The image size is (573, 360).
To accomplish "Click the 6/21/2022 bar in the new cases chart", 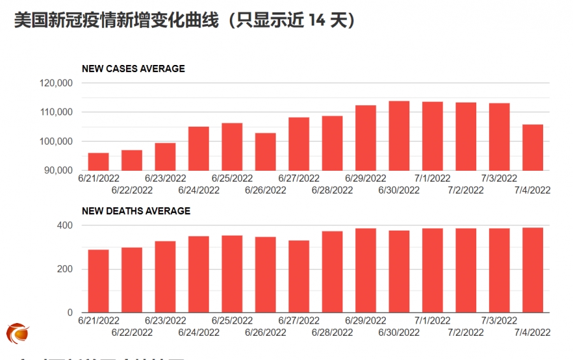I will [98, 162].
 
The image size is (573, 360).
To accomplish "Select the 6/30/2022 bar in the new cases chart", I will [399, 136].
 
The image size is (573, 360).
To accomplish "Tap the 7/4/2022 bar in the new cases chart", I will [533, 147].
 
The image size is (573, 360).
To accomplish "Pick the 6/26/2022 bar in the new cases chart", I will [265, 152].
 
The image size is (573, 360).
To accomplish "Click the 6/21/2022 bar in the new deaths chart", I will [98, 281].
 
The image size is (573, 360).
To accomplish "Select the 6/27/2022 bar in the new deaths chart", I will [299, 277].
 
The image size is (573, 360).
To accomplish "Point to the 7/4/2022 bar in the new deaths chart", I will [533, 270].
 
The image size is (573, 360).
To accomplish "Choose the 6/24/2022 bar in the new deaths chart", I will [199, 275].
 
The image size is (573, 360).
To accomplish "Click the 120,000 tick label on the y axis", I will [57, 83].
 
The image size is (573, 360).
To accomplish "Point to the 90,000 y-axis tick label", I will [59, 170].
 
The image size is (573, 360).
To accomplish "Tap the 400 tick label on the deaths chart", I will [65, 226].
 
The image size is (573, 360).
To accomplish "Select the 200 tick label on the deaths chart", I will [65, 269].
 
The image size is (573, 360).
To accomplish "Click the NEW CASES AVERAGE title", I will [133, 69].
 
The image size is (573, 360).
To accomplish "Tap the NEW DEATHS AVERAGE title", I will [136, 211].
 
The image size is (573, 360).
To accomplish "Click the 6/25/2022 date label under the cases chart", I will [232, 178].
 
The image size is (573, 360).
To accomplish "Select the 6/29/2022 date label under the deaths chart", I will [365, 320].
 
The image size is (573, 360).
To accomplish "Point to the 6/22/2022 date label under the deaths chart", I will [132, 332].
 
